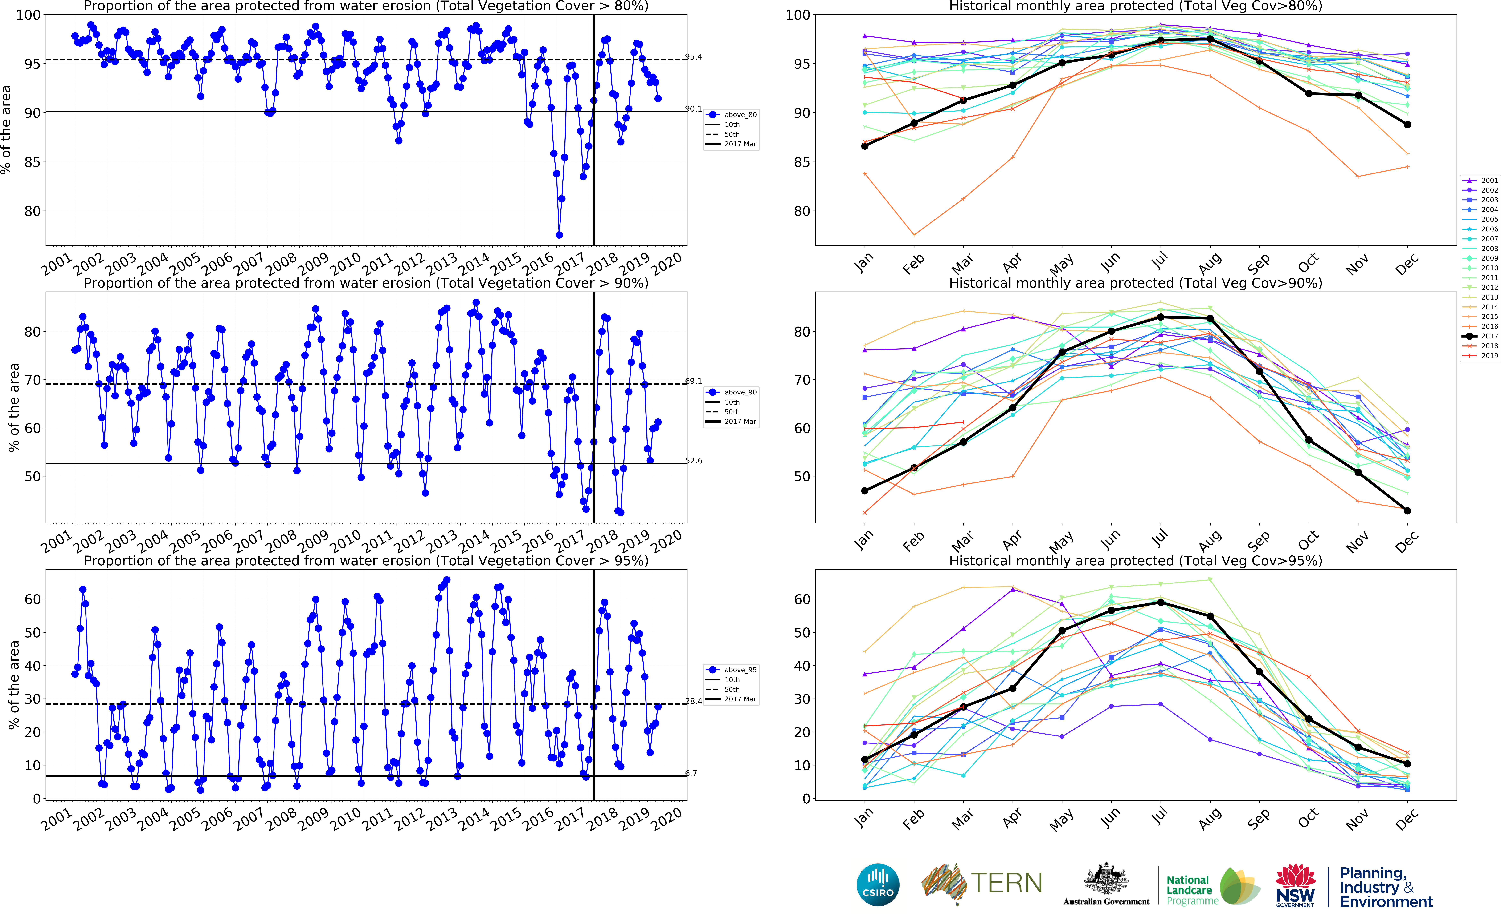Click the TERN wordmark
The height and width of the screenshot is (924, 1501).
coord(1006,883)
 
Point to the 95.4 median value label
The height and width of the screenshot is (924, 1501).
coord(693,57)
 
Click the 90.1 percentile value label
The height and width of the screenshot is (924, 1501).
coord(693,109)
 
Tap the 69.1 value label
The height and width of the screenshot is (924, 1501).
coord(693,381)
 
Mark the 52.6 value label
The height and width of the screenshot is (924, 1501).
coord(693,461)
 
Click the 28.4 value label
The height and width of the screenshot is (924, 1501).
coord(693,701)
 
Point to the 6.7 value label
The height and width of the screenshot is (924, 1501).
coord(691,773)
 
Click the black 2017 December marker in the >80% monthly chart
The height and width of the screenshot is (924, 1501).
coord(1407,125)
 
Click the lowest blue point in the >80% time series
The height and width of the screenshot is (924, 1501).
coord(559,235)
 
